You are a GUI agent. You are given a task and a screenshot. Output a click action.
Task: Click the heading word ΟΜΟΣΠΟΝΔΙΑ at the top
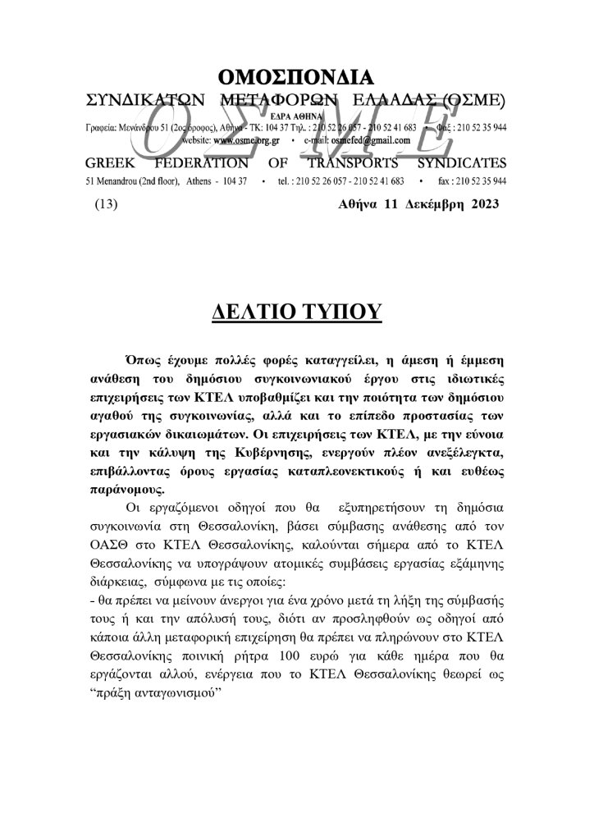pos(296,79)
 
